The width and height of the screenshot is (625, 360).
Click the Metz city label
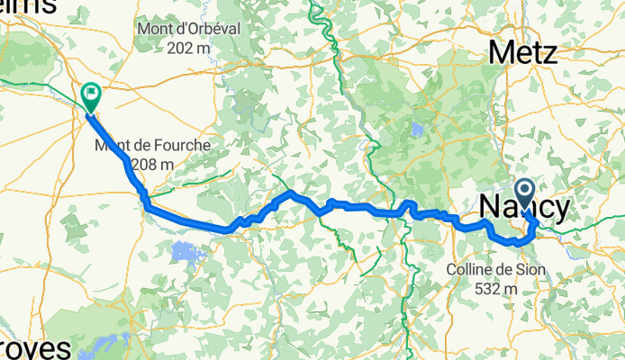(523, 53)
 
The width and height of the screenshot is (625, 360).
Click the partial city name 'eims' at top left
(27, 7)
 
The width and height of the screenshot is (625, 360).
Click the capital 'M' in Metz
(503, 53)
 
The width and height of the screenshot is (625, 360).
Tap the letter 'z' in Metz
(548, 53)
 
